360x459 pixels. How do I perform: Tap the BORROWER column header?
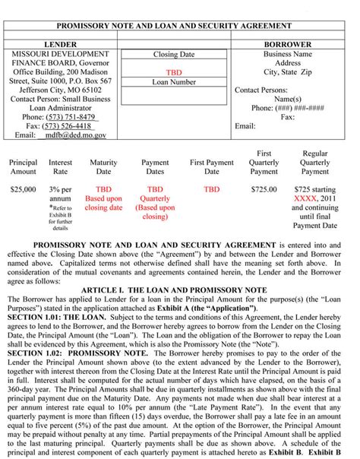tap(288, 45)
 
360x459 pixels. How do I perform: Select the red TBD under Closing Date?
tap(174, 73)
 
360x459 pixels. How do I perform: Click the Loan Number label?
tap(174, 81)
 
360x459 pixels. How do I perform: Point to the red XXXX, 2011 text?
tap(314, 198)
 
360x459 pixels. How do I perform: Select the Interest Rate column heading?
tap(61, 167)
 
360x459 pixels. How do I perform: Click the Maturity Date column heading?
tap(103, 167)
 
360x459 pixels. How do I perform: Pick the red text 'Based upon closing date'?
tap(103, 203)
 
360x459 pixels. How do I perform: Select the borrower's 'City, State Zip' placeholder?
tap(288, 72)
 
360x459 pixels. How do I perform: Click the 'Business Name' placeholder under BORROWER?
tap(288, 55)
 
